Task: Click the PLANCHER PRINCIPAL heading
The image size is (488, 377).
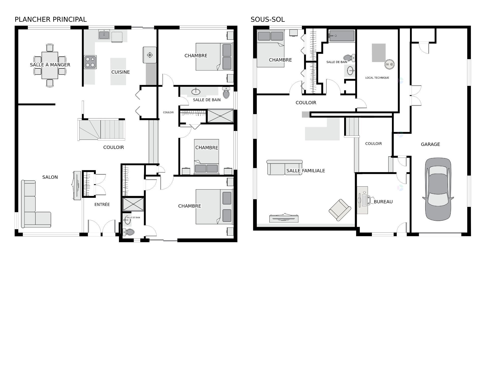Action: (51, 19)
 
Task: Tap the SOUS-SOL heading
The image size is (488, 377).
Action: (268, 19)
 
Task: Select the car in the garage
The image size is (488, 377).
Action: (438, 189)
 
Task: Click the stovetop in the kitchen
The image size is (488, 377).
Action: (90, 62)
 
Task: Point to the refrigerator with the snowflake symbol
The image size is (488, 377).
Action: (149, 55)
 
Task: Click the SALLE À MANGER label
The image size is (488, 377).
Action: (50, 65)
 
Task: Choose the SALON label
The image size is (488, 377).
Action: (50, 177)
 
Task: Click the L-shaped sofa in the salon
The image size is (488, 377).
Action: (36, 204)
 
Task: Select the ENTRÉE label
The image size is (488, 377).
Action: (102, 204)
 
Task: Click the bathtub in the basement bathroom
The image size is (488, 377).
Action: (342, 36)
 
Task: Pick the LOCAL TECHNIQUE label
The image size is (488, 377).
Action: (377, 78)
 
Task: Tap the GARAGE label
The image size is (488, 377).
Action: (430, 144)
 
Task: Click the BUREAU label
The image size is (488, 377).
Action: (383, 202)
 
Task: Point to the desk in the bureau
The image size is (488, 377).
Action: (362, 200)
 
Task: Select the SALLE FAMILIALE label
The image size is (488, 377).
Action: (306, 171)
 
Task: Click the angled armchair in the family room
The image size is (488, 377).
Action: (340, 210)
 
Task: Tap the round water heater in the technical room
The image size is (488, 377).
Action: (389, 64)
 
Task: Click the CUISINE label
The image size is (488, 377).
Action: (120, 72)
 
